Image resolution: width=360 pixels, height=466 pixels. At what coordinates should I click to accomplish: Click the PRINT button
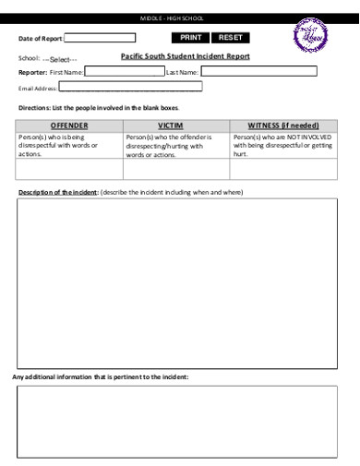click(190, 38)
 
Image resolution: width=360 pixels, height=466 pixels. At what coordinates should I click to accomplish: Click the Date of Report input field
click(100, 38)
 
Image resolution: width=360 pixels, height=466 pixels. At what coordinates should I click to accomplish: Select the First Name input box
click(124, 71)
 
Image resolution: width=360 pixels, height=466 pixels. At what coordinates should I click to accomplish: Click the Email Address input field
click(130, 88)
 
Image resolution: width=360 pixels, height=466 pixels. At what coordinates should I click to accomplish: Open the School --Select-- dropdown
click(60, 58)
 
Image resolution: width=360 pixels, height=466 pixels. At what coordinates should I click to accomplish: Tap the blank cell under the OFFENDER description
click(69, 169)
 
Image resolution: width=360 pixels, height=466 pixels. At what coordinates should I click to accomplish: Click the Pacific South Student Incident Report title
click(186, 56)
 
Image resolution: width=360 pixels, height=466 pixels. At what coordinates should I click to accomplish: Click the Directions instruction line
click(99, 108)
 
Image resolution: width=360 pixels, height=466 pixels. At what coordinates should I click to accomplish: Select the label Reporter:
click(32, 71)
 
